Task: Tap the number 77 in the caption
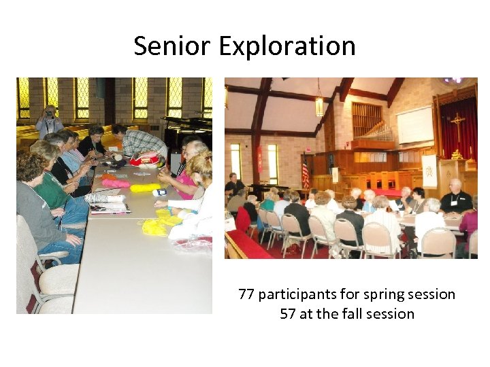(246, 294)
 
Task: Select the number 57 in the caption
(287, 314)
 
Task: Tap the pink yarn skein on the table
(116, 183)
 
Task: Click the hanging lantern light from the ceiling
(319, 105)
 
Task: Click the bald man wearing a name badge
(455, 197)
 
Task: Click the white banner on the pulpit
(430, 171)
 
